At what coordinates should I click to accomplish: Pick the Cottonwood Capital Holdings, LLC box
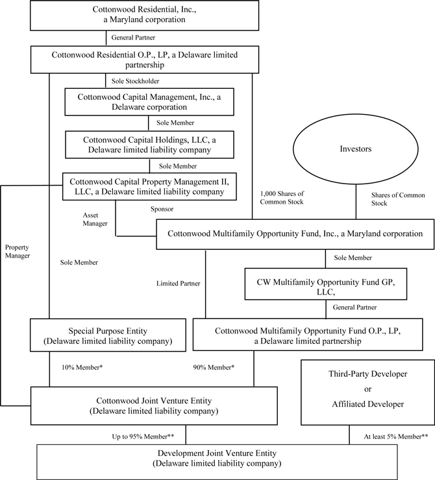pyautogui.click(x=149, y=144)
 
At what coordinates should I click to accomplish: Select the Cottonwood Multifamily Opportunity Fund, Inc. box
pyautogui.click(x=294, y=234)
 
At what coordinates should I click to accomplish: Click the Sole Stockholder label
pyautogui.click(x=136, y=81)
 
